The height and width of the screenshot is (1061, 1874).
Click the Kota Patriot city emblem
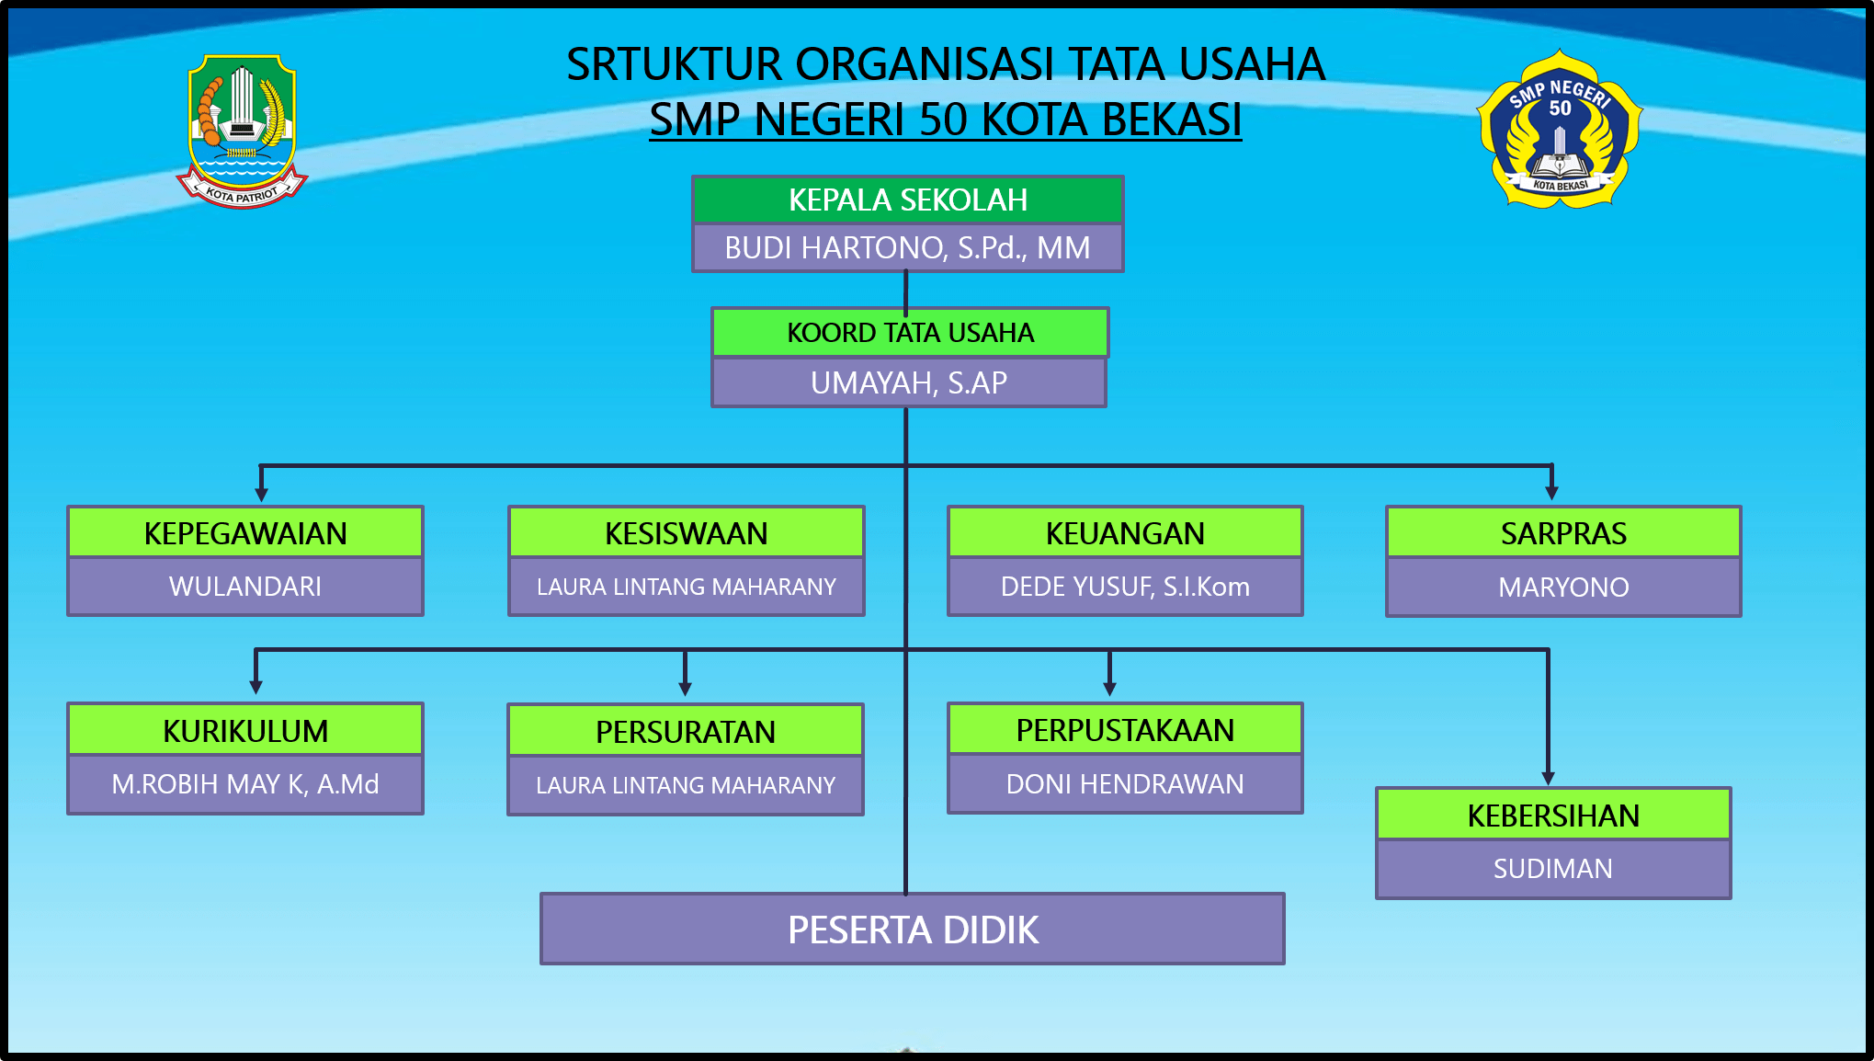242,130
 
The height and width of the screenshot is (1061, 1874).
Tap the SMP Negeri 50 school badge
1559,130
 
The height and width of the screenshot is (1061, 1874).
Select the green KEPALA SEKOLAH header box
907,200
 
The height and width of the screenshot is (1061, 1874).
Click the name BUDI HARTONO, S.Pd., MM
907,248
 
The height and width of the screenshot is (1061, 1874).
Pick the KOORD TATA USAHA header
910,332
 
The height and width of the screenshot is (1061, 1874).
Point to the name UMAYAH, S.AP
908,382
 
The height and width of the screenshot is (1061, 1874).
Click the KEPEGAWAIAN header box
245,533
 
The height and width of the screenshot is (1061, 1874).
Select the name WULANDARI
245,587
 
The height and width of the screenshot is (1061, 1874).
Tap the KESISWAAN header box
686,533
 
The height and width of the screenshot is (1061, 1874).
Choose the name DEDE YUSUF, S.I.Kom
1125,587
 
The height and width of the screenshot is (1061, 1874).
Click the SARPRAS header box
1563,533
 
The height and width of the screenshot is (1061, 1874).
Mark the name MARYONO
1563,588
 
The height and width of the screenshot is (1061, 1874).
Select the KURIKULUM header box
245,731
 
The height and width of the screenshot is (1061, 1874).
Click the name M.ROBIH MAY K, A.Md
245,784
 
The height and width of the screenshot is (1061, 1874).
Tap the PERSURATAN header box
685,732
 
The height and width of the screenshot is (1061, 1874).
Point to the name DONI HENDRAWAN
1125,784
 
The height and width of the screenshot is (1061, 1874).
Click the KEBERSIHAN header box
1553,816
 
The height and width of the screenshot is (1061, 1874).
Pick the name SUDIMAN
1553,869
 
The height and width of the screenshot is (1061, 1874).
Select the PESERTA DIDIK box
913,930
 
